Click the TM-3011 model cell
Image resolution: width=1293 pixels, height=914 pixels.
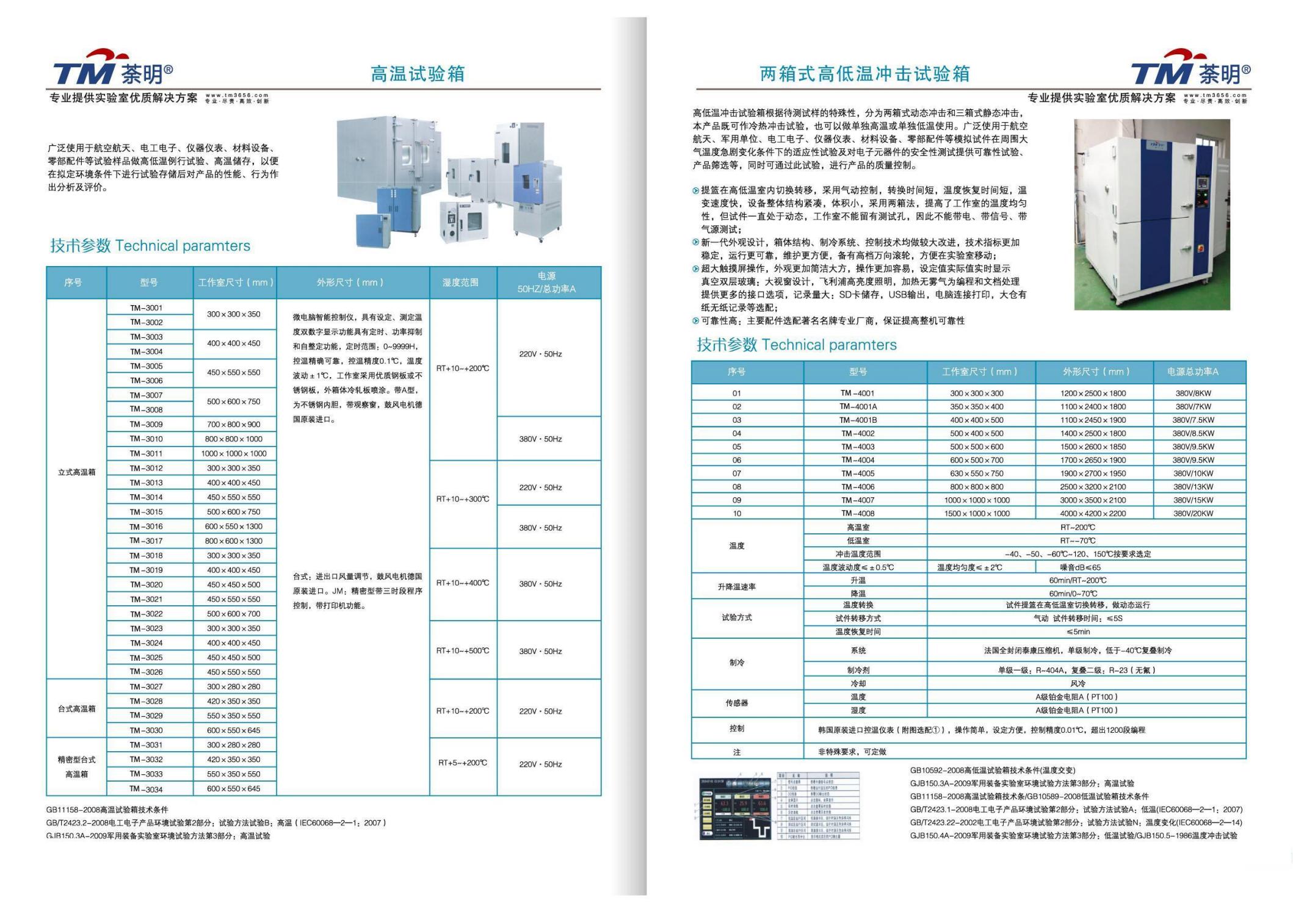pyautogui.click(x=146, y=453)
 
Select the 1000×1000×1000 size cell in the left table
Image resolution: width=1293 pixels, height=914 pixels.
pyautogui.click(x=234, y=453)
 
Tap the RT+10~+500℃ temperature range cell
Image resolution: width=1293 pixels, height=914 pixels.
pyautogui.click(x=463, y=650)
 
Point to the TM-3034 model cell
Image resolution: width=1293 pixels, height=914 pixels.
pyautogui.click(x=146, y=789)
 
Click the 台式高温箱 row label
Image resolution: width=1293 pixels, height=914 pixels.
pyautogui.click(x=76, y=708)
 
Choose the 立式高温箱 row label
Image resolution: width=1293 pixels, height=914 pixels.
pyautogui.click(x=76, y=472)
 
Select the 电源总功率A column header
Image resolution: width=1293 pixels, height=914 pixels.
pyautogui.click(x=1192, y=372)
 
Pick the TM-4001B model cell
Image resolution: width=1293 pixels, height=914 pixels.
pyautogui.click(x=858, y=420)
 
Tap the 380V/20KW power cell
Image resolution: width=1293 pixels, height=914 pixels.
pyautogui.click(x=1193, y=513)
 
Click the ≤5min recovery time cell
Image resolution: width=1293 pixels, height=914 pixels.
pyautogui.click(x=1077, y=632)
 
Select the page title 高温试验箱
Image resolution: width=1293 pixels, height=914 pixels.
pyautogui.click(x=418, y=74)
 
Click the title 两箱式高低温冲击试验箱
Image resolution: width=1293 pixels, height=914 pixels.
pyautogui.click(x=864, y=74)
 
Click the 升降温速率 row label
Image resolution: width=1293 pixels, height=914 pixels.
pyautogui.click(x=736, y=586)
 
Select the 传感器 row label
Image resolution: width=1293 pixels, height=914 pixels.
pyautogui.click(x=736, y=703)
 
